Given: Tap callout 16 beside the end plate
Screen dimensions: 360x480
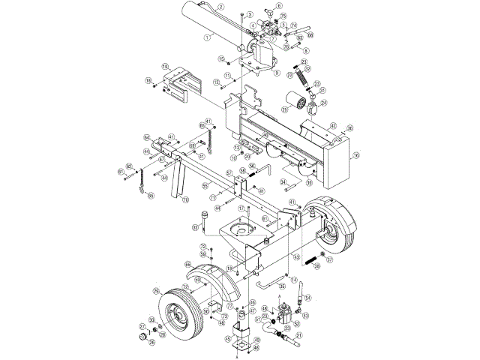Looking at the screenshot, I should pyautogui.click(x=355, y=155).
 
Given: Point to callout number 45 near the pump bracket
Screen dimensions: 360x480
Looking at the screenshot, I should pyautogui.click(x=226, y=339).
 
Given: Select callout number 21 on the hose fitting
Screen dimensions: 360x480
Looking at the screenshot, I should pyautogui.click(x=298, y=337).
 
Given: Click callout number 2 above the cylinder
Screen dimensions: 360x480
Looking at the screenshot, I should pyautogui.click(x=221, y=7).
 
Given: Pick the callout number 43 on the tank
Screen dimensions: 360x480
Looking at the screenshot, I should pyautogui.click(x=296, y=257).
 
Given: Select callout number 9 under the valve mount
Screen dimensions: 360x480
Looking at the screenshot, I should pyautogui.click(x=277, y=73).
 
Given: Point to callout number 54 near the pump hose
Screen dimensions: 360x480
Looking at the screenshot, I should pyautogui.click(x=307, y=298).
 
